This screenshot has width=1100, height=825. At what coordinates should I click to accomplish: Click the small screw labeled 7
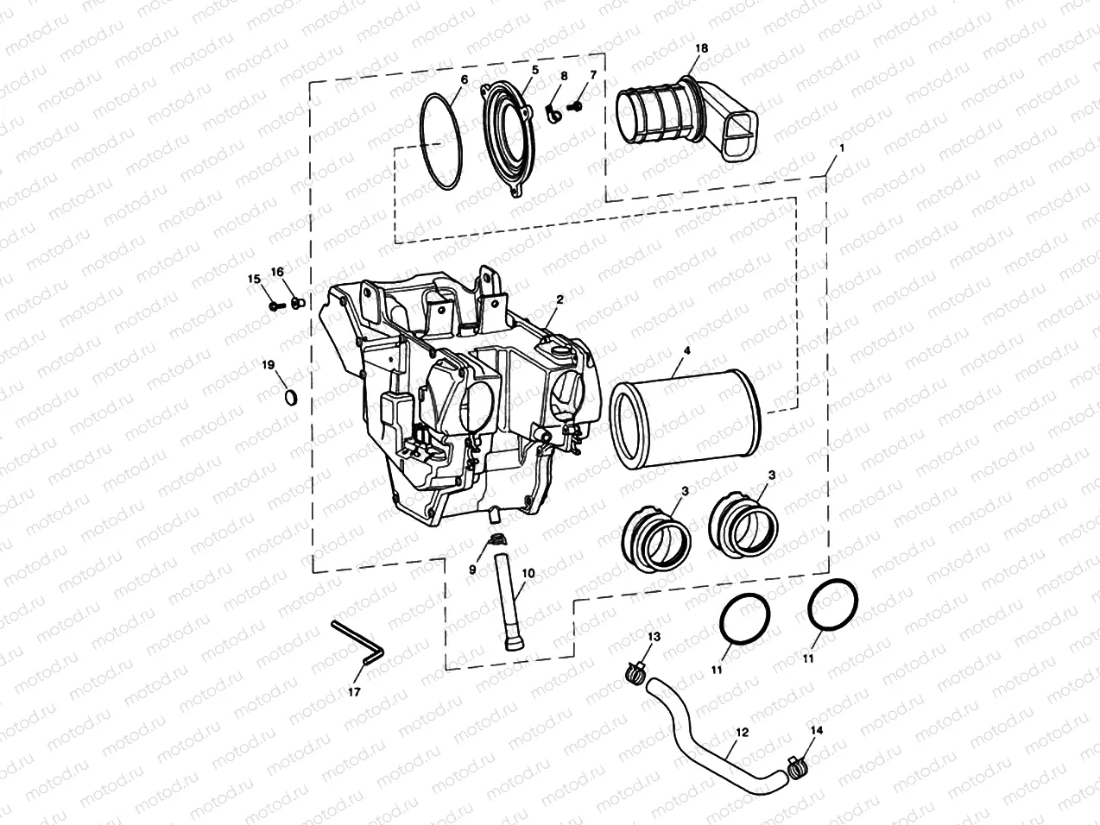[578, 104]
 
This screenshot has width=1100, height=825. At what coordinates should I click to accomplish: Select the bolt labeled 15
[275, 305]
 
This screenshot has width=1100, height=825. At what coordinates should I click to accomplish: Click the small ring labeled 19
[292, 396]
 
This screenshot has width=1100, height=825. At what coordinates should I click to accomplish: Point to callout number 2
[559, 299]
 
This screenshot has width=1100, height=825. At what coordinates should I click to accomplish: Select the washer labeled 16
[297, 303]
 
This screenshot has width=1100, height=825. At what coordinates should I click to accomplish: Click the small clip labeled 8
[553, 112]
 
